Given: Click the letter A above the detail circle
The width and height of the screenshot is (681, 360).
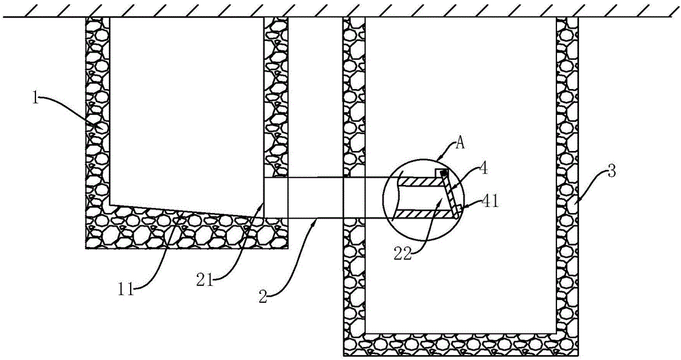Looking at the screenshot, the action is point(460,144).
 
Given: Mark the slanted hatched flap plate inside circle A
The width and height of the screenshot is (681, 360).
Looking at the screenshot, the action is point(452,194).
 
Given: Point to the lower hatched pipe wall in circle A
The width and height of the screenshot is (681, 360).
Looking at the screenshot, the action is point(424,214).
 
